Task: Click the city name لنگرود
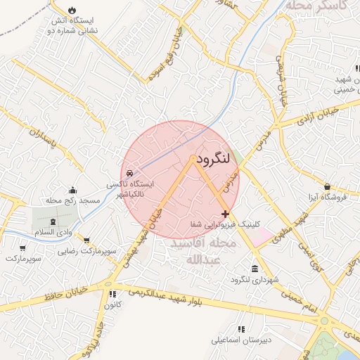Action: tap(214, 159)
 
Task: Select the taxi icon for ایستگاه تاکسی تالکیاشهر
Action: tap(129, 173)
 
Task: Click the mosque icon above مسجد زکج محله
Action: tap(72, 190)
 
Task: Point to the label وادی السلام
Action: tap(54, 232)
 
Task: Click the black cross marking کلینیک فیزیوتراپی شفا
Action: tap(225, 214)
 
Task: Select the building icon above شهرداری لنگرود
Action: tap(255, 270)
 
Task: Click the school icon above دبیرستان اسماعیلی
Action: tap(241, 328)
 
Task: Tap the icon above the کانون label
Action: tap(111, 294)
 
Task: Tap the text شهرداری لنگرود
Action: tap(255, 280)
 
